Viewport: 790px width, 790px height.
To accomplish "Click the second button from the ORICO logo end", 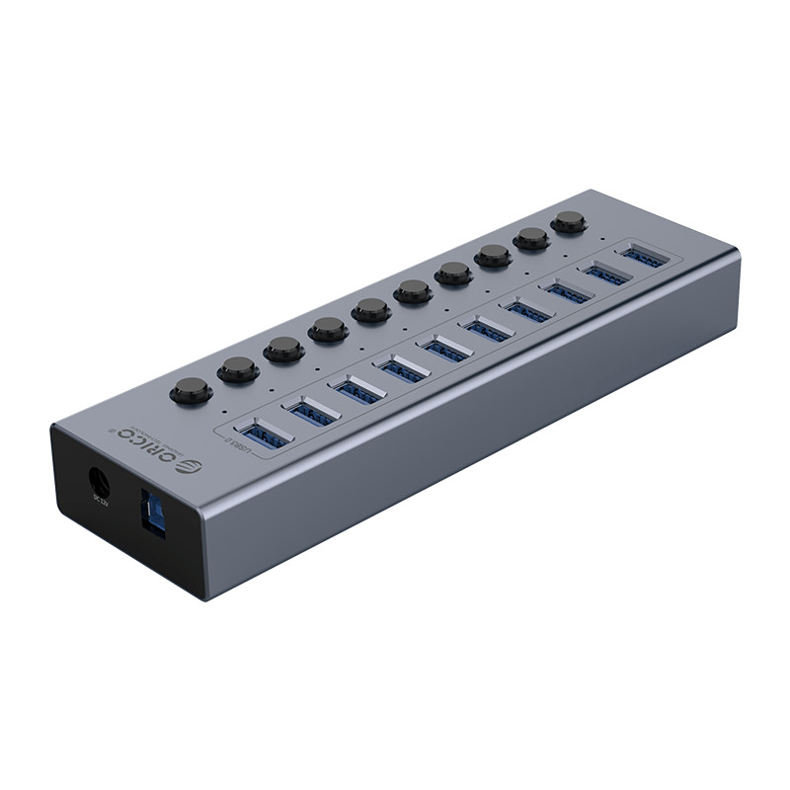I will point(238,369).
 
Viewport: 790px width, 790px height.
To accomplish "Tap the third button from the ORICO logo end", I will point(283,349).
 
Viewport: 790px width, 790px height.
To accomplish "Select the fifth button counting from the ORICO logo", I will point(371,309).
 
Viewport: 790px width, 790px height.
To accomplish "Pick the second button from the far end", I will point(531,238).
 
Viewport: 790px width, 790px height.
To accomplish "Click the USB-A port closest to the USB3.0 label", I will point(264,433).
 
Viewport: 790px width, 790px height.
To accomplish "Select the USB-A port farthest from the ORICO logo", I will point(643,257).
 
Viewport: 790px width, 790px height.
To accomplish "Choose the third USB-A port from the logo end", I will point(357,390).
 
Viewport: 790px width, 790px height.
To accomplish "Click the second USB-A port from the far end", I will point(606,274).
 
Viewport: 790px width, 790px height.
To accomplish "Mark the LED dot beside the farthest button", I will point(599,237).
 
